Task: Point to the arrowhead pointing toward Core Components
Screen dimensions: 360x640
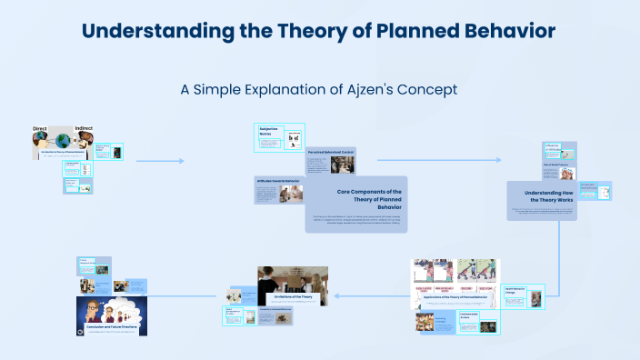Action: pos(181,161)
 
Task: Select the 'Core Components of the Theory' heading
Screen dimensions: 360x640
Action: pos(370,199)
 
